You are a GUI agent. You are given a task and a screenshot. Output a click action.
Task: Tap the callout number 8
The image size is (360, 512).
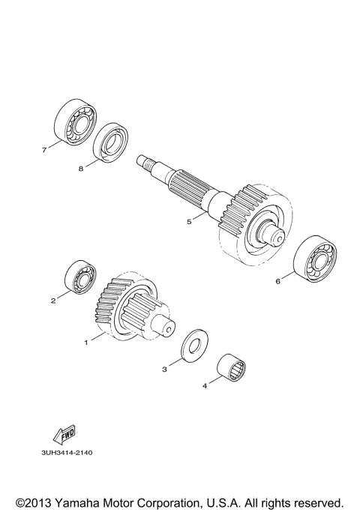pyautogui.click(x=81, y=169)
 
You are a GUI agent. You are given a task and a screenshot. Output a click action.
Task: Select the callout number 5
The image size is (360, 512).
pyautogui.click(x=190, y=221)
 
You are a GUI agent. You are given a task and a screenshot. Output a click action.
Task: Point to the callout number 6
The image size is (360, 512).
pyautogui.click(x=277, y=282)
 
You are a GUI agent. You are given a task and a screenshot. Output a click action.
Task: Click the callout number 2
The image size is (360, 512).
pyautogui.click(x=53, y=301)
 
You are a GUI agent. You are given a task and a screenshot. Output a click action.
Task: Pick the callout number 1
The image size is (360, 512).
pyautogui.click(x=86, y=342)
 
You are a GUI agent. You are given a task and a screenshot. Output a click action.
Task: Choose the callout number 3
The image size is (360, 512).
pyautogui.click(x=164, y=369)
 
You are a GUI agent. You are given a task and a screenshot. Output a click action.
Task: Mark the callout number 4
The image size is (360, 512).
pyautogui.click(x=203, y=386)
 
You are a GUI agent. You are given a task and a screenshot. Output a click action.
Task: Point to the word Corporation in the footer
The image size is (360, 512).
pyautogui.click(x=177, y=502)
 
